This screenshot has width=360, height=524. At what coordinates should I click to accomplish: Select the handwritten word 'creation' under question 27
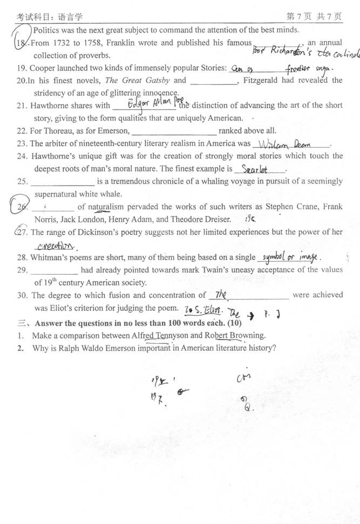tap(53, 244)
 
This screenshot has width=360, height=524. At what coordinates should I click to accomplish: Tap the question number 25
tap(22, 181)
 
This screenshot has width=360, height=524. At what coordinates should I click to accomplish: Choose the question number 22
tap(22, 131)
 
